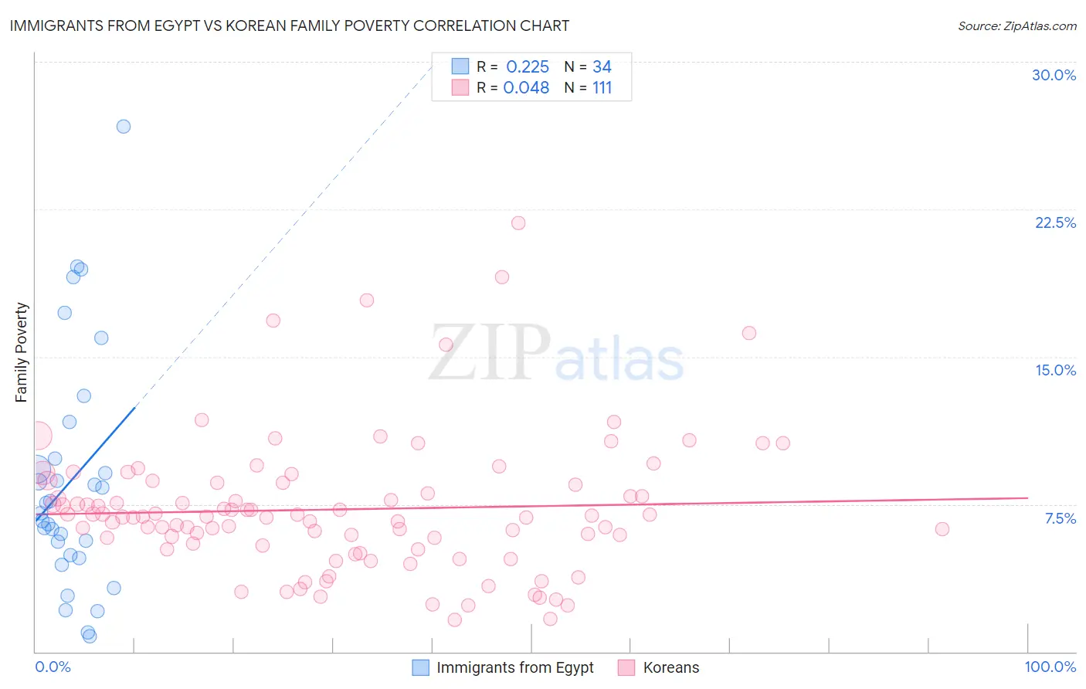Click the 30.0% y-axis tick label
click(x=1054, y=75)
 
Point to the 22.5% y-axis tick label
click(x=1055, y=222)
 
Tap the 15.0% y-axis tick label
click(x=1055, y=370)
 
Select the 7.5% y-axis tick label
click(x=1060, y=518)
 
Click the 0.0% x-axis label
click(x=53, y=667)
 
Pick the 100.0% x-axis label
click(x=1050, y=667)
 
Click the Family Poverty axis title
click(x=22, y=352)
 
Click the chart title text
click(x=289, y=25)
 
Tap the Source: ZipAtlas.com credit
click(x=1016, y=25)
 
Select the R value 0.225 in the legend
click(x=528, y=67)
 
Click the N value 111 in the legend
click(x=602, y=88)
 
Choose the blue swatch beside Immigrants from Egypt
click(x=420, y=667)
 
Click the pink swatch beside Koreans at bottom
click(x=626, y=667)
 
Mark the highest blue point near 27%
click(x=124, y=127)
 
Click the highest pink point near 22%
click(x=518, y=223)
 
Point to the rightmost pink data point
click(x=942, y=529)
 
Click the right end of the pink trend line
click(x=1027, y=498)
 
